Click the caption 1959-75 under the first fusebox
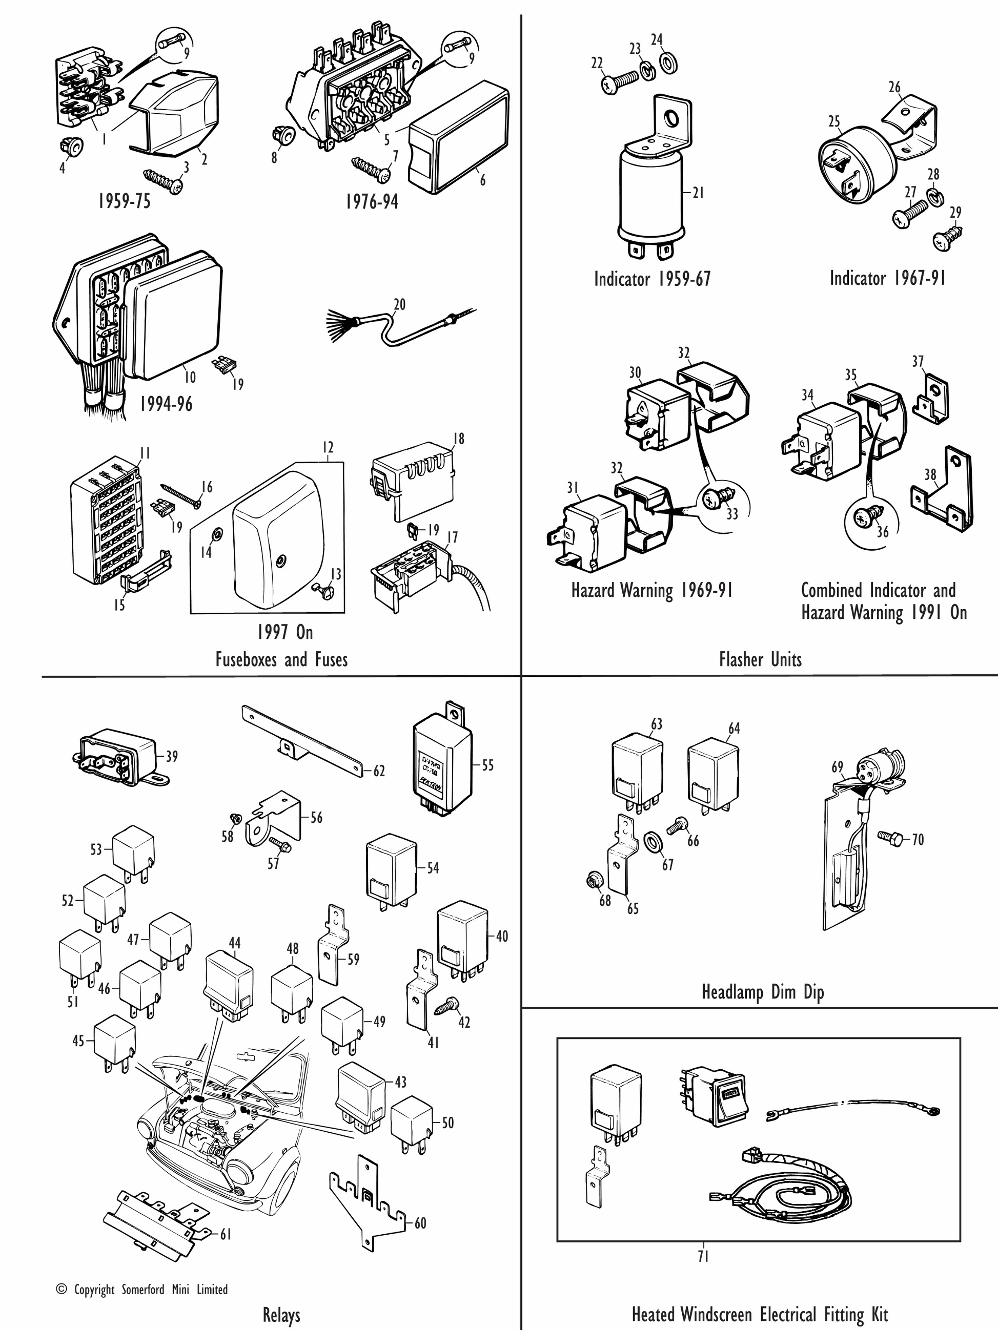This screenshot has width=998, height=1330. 124,201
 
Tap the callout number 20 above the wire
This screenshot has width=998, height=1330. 399,304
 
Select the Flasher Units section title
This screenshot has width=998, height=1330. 760,659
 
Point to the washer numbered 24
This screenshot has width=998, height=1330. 668,62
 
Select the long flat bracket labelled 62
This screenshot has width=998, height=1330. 301,741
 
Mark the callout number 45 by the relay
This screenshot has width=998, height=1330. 78,1040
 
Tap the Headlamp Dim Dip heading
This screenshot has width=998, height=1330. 762,991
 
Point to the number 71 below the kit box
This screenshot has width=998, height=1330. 703,1256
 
